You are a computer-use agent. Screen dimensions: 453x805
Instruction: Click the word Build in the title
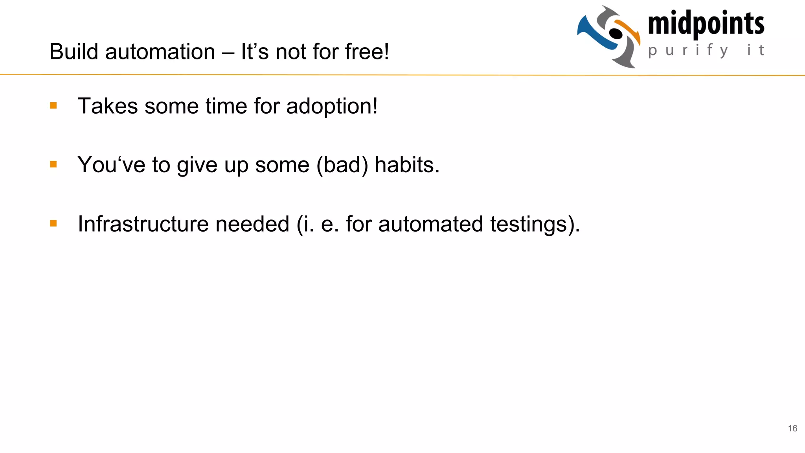[73, 52]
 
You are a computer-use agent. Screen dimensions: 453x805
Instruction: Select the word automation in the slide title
[160, 52]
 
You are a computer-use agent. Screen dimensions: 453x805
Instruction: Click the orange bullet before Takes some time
[53, 105]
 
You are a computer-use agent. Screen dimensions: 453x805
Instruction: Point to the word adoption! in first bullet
[332, 107]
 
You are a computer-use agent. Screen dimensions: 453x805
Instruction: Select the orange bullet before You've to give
[53, 164]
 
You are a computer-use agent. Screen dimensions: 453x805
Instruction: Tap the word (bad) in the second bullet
[342, 165]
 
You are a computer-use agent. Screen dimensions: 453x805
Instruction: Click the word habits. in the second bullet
[407, 165]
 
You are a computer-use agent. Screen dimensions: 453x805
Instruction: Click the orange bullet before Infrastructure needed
[53, 224]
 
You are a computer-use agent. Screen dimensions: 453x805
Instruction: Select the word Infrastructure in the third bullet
[143, 224]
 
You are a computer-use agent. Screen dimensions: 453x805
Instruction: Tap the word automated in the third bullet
[430, 224]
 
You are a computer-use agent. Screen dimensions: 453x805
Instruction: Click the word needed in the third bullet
[252, 224]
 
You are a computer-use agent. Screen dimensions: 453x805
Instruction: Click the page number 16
[792, 428]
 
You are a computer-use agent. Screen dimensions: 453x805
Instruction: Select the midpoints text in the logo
[706, 24]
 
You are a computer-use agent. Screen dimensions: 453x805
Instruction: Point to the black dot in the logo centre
[616, 34]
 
